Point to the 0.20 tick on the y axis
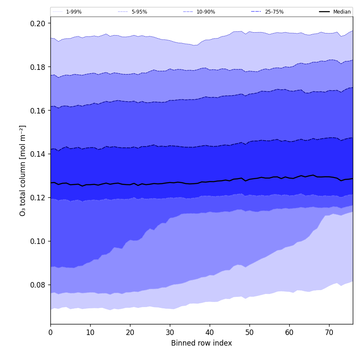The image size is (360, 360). coord(38,23)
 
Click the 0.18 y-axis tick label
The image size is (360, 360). coord(38,67)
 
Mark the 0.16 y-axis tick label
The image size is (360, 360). coord(38,111)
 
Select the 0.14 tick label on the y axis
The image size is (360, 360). coord(38,154)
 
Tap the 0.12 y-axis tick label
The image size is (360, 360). coord(38,198)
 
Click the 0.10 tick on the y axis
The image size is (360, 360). coord(38,241)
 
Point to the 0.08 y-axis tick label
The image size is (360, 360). coord(38,285)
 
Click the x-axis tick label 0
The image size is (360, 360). coord(50,333)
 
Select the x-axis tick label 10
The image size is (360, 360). coord(90,333)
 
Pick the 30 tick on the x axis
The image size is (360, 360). coord(170,333)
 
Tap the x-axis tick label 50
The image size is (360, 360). coord(249,333)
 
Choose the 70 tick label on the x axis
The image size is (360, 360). coord(329,333)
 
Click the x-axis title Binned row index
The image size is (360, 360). coord(202,343)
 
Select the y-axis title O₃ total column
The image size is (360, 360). coord(23,170)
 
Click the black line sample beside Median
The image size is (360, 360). coord(325,12)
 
